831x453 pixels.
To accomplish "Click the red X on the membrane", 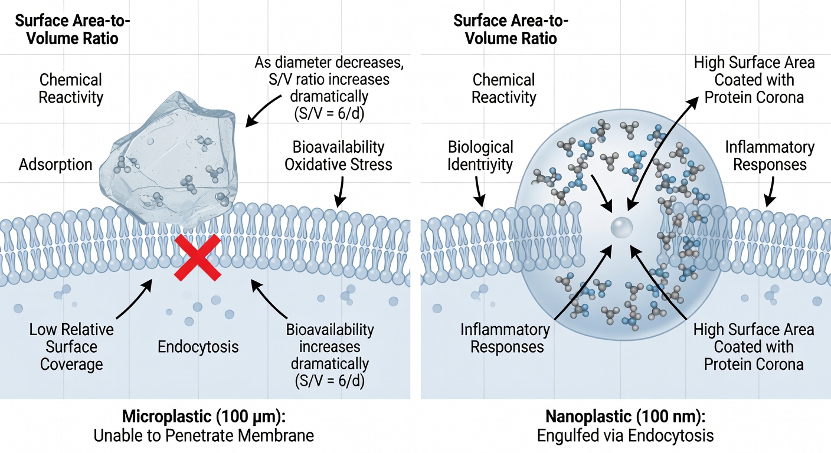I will (x=198, y=257).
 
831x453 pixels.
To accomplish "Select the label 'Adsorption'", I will (x=55, y=164).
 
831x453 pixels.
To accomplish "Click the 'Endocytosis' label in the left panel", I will (x=198, y=346).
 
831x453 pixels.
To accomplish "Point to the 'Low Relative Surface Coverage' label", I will (x=71, y=347).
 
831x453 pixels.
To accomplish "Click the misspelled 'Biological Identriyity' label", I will (x=480, y=156).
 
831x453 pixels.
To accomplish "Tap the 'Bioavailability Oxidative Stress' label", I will (x=338, y=156).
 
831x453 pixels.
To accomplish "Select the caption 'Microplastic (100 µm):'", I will (x=204, y=416).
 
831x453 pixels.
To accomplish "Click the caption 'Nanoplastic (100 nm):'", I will (x=625, y=416).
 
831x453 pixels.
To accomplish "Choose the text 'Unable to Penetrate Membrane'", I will (x=204, y=436).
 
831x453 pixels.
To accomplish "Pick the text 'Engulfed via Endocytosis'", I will (x=625, y=436).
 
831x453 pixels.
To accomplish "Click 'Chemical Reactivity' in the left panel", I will (x=70, y=88).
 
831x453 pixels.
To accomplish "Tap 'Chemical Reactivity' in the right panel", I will (x=504, y=88).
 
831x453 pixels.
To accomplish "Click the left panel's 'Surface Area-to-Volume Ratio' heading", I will (x=73, y=29).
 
